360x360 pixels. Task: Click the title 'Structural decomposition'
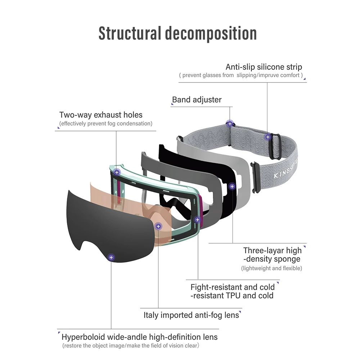tap(177, 33)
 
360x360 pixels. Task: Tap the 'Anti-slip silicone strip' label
tap(264, 67)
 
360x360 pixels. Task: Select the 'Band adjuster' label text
tap(197, 100)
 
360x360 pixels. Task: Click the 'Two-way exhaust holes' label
tap(101, 115)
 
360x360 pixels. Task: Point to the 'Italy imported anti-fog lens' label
tap(191, 315)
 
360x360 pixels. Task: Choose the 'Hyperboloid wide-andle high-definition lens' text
tap(139, 337)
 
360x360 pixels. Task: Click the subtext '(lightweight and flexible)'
tap(271, 268)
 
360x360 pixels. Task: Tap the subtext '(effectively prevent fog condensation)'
tap(105, 123)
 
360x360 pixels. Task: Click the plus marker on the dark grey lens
tap(111, 257)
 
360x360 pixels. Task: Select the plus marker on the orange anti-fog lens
tap(158, 226)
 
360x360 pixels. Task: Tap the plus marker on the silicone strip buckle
tap(267, 137)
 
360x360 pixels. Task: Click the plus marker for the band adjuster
tap(229, 124)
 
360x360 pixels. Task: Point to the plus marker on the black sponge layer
tap(232, 186)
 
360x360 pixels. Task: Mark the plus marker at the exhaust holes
tap(117, 172)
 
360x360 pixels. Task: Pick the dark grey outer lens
tap(104, 223)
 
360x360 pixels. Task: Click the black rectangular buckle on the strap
tap(275, 146)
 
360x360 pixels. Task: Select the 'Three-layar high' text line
tap(272, 251)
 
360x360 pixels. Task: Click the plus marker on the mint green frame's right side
tap(197, 219)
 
